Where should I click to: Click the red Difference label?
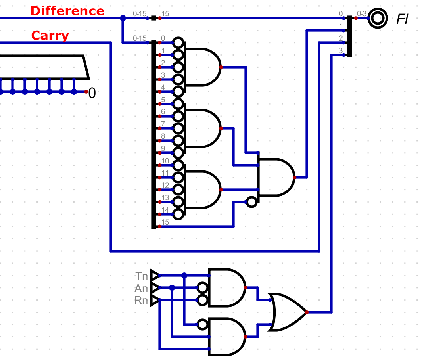pyautogui.click(x=67, y=11)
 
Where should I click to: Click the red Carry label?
pyautogui.click(x=50, y=36)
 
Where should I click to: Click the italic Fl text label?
pyautogui.click(x=402, y=19)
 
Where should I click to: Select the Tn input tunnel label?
pyautogui.click(x=142, y=276)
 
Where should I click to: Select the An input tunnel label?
pyautogui.click(x=141, y=288)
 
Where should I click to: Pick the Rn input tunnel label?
pyautogui.click(x=141, y=301)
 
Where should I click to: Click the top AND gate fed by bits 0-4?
pyautogui.click(x=202, y=67)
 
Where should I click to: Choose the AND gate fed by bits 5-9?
pyautogui.click(x=202, y=128)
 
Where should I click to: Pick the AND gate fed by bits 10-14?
pyautogui.click(x=202, y=190)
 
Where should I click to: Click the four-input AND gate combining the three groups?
pyautogui.click(x=276, y=178)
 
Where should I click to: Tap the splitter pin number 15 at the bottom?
pyautogui.click(x=165, y=222)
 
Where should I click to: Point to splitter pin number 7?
pyautogui.click(x=163, y=124)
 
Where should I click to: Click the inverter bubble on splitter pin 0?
pyautogui.click(x=178, y=42)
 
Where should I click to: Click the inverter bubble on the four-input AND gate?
pyautogui.click(x=251, y=202)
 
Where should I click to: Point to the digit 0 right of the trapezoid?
pyautogui.click(x=92, y=93)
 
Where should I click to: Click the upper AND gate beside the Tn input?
pyautogui.click(x=226, y=288)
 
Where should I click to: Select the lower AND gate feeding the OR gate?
pyautogui.click(x=226, y=337)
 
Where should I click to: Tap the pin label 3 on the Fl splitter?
pyautogui.click(x=341, y=50)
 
